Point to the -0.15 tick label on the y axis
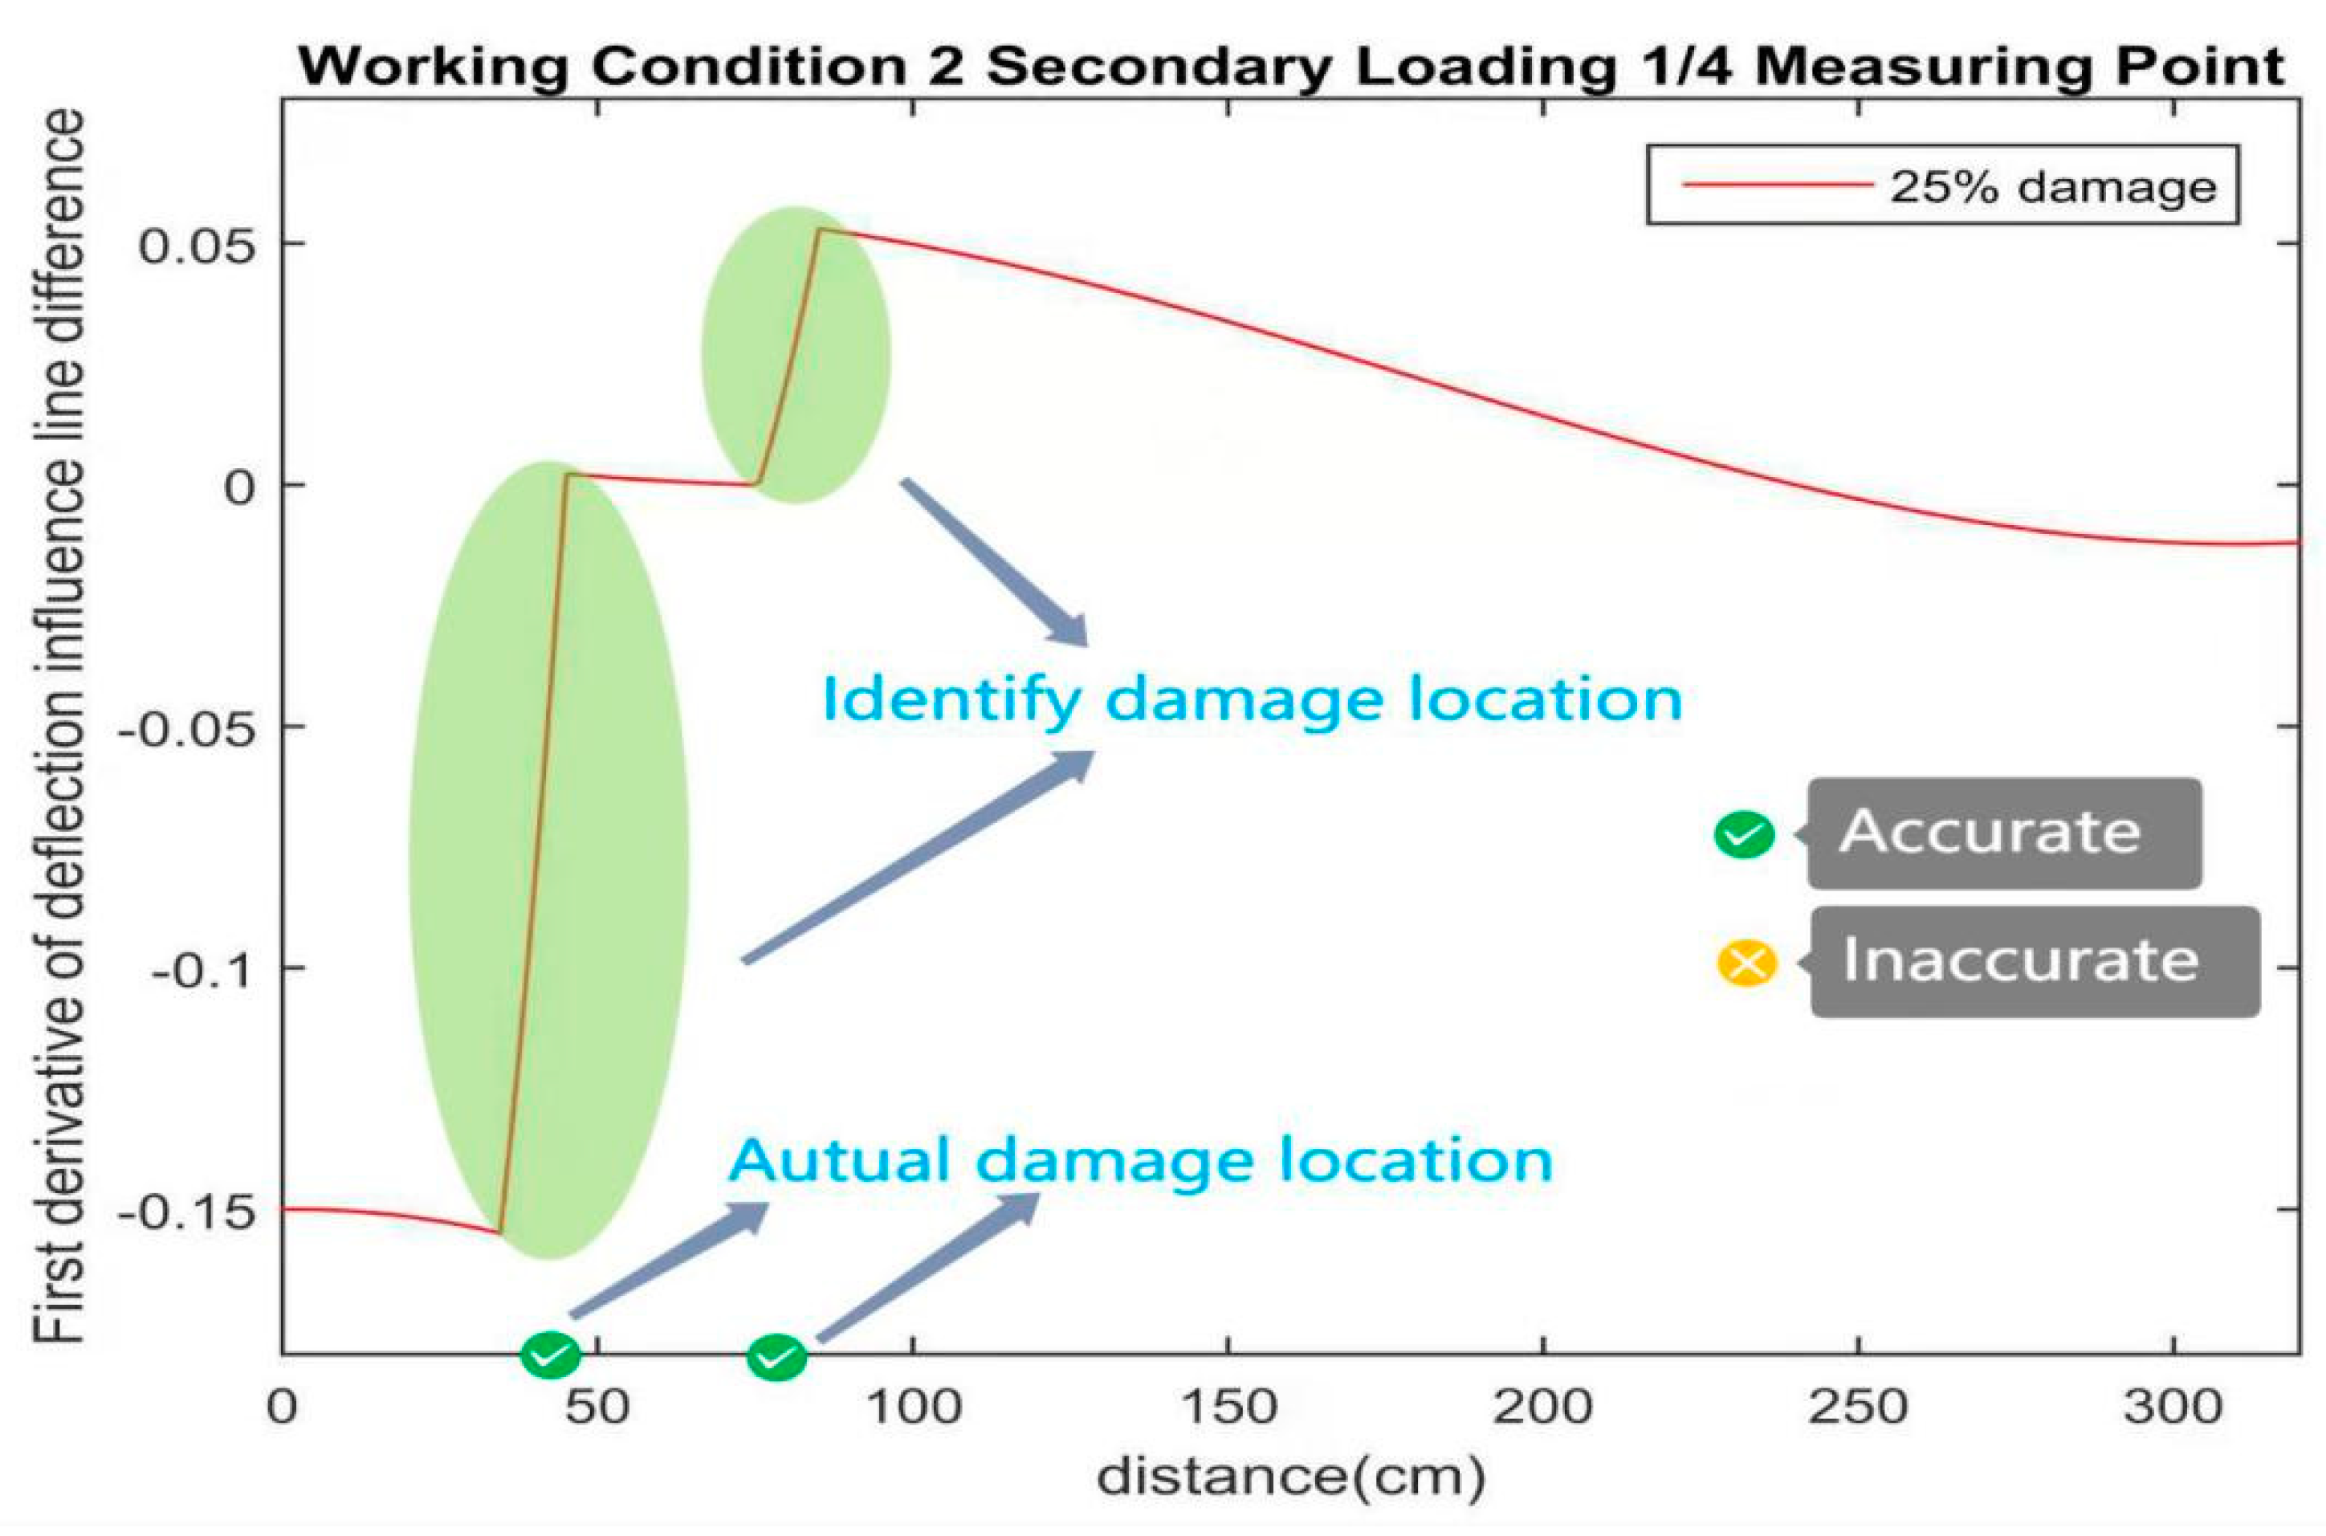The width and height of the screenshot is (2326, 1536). pyautogui.click(x=186, y=1212)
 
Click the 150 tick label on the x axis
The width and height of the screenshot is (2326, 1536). pyautogui.click(x=1228, y=1408)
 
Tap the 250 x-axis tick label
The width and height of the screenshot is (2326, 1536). pyautogui.click(x=1858, y=1408)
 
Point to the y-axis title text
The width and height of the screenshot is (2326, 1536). pyautogui.click(x=61, y=725)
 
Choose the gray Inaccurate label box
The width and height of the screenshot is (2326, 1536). pyautogui.click(x=2035, y=962)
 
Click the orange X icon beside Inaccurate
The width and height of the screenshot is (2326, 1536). pyautogui.click(x=1746, y=963)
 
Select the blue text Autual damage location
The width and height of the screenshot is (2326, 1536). pyautogui.click(x=1140, y=1161)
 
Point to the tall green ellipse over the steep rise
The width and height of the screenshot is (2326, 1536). pyautogui.click(x=548, y=860)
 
